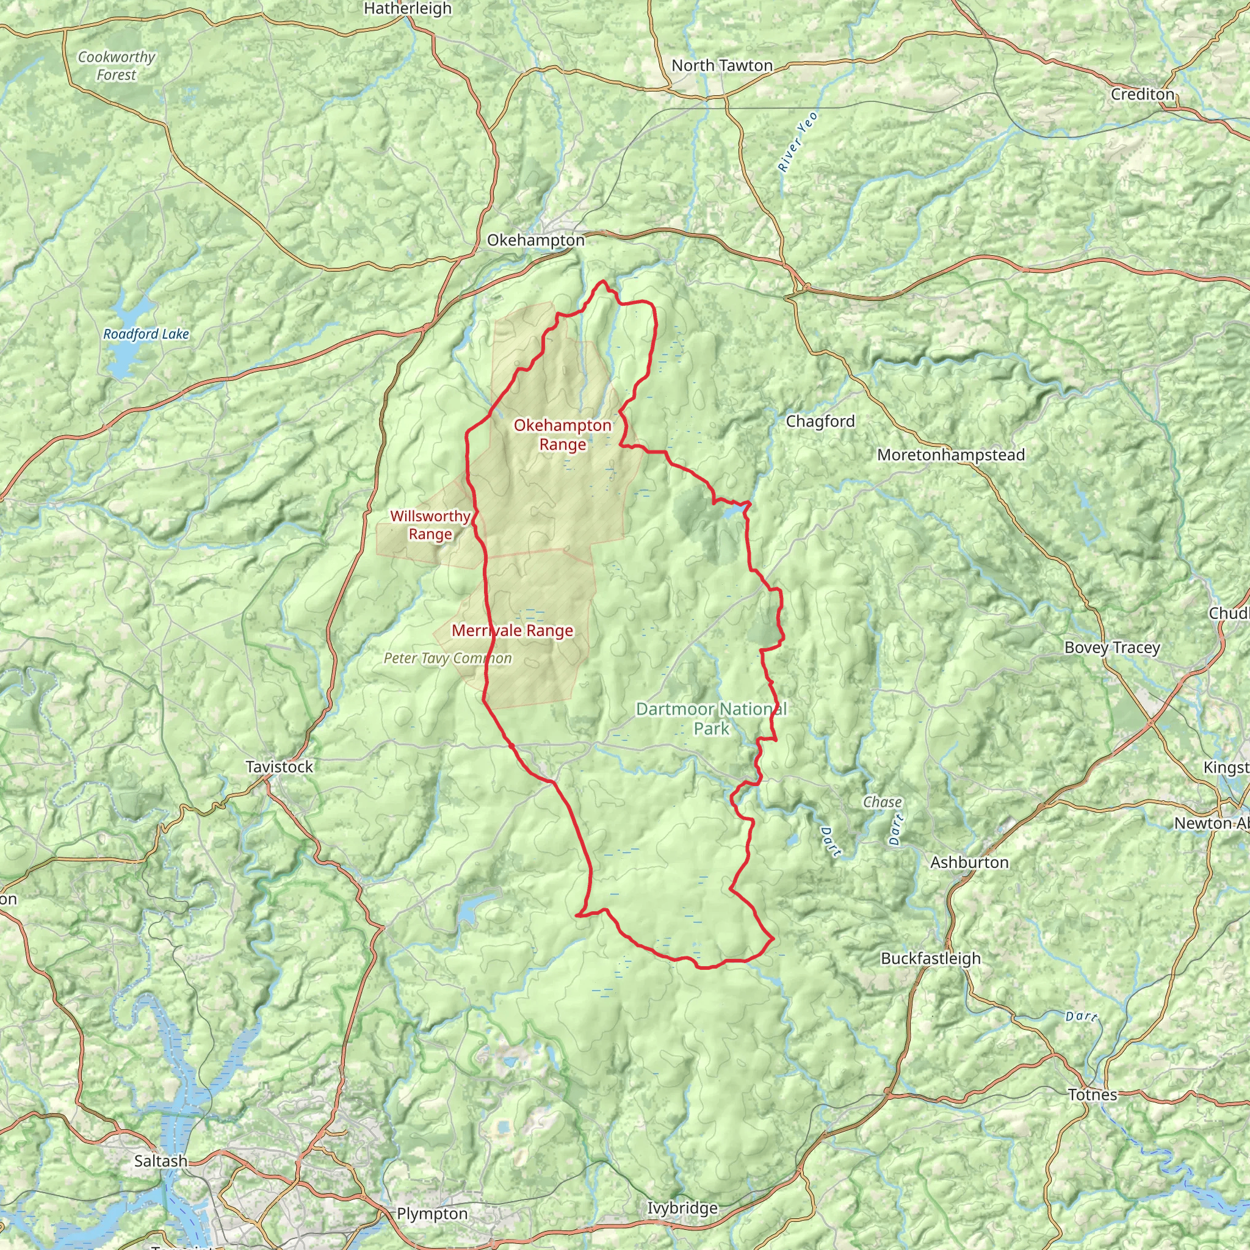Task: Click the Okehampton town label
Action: click(536, 240)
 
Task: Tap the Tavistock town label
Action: click(279, 767)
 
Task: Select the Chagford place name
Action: click(820, 421)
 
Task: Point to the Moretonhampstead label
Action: click(950, 455)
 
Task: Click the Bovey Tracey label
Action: click(1111, 648)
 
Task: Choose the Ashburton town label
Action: click(969, 862)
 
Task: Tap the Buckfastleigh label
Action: click(930, 958)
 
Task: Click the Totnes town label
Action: click(1092, 1095)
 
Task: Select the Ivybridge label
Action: click(682, 1208)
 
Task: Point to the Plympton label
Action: click(432, 1214)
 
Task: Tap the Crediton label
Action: click(1142, 95)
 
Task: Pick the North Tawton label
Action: click(721, 65)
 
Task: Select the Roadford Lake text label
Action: click(146, 334)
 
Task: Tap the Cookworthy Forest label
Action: click(117, 66)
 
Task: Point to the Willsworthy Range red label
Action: click(430, 525)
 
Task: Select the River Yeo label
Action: click(798, 142)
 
